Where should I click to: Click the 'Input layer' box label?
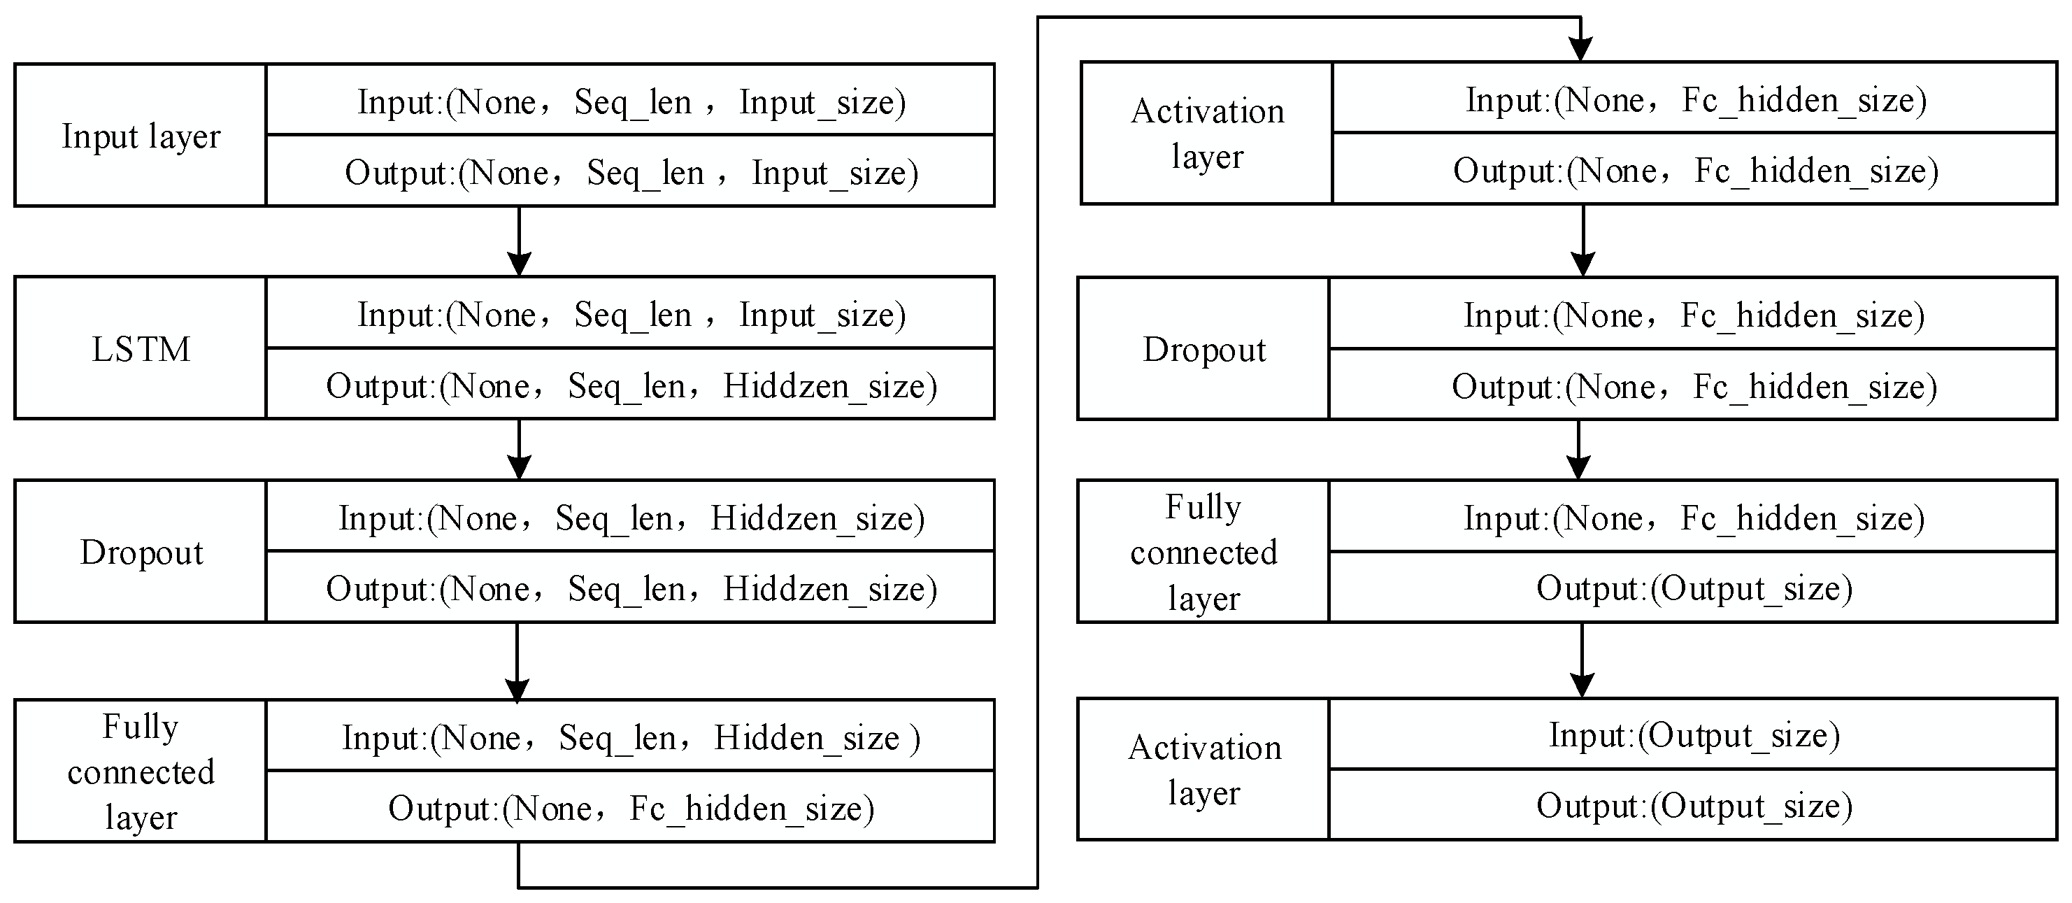(x=141, y=135)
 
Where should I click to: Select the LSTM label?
(x=141, y=348)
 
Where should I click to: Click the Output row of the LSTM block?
(x=631, y=385)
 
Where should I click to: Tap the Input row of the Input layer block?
(x=631, y=101)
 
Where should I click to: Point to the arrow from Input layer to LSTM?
(x=519, y=241)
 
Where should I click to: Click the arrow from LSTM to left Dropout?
(x=519, y=449)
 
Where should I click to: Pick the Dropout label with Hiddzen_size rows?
(x=141, y=552)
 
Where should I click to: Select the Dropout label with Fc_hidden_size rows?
(x=1203, y=348)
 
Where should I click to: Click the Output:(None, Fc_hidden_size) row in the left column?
(x=631, y=807)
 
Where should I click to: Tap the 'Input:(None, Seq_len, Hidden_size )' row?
(x=631, y=737)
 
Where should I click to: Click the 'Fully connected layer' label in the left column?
(x=141, y=771)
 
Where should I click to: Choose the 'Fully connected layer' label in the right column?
(x=1203, y=552)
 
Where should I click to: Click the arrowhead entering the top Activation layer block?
(x=1580, y=48)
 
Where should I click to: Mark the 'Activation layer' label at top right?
(x=1206, y=133)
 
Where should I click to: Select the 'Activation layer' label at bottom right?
(x=1203, y=769)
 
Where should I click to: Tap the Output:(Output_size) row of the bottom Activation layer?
(x=1693, y=805)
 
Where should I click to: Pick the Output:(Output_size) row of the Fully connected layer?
(x=1693, y=588)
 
